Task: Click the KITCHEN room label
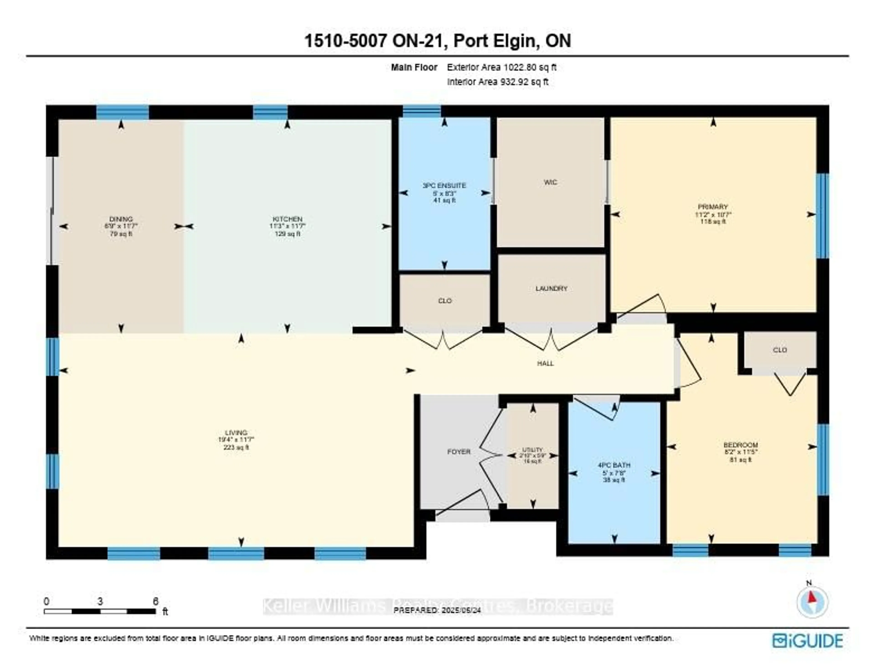click(x=287, y=219)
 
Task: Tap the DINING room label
click(x=121, y=219)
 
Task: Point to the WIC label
click(x=550, y=182)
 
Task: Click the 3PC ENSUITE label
click(x=444, y=186)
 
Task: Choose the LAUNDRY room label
click(x=551, y=288)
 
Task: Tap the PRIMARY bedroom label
click(x=713, y=207)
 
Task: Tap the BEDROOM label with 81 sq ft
click(x=740, y=445)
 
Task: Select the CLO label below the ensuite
click(x=445, y=301)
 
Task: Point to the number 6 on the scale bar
click(x=155, y=601)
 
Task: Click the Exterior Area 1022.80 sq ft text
click(x=502, y=67)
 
